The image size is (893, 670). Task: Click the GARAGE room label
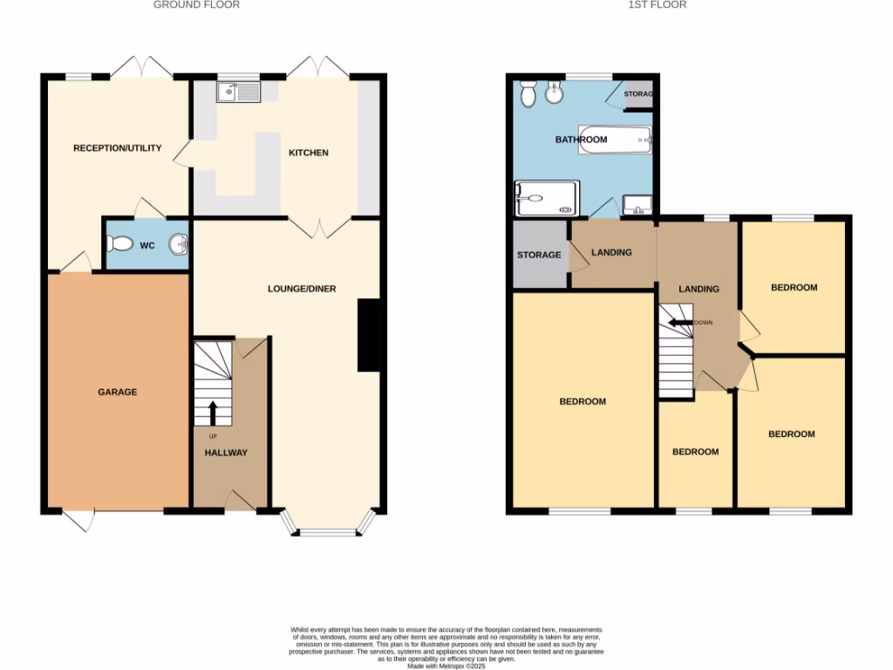point(117,393)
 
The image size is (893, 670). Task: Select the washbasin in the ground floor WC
point(179,244)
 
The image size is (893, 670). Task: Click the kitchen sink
point(237,90)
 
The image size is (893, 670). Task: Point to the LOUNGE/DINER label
point(302,289)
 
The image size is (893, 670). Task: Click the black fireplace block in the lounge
point(369,337)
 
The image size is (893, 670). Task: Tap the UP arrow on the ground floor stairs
point(213,413)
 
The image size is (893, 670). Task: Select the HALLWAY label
point(226,453)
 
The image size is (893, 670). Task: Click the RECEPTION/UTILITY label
point(117,148)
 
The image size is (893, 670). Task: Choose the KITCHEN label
point(309,153)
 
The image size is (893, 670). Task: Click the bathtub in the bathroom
point(616,140)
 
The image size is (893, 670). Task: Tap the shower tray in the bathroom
point(546,198)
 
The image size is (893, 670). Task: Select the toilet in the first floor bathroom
point(527,93)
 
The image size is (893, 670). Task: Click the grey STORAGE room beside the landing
point(539,255)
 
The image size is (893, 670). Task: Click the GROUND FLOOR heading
point(196,5)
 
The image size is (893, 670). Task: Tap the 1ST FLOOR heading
point(657,5)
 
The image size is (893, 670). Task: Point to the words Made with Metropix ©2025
point(446,666)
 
